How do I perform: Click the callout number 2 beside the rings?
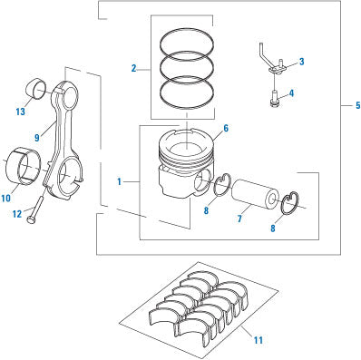(134, 68)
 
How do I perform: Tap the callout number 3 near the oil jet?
(301, 62)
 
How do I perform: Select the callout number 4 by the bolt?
(291, 93)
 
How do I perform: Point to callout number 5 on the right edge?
(358, 105)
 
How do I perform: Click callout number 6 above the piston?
(226, 129)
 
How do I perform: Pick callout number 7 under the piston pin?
(239, 219)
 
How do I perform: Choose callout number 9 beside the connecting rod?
(37, 138)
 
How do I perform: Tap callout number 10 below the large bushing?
(5, 199)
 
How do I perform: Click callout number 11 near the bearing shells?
(259, 340)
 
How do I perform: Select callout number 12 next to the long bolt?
(17, 214)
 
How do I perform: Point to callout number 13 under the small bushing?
(20, 112)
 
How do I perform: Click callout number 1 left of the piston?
(120, 181)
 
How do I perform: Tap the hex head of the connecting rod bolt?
(30, 220)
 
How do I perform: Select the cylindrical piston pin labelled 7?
(255, 194)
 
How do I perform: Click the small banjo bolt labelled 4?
(274, 99)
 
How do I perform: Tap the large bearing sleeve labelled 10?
(24, 166)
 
